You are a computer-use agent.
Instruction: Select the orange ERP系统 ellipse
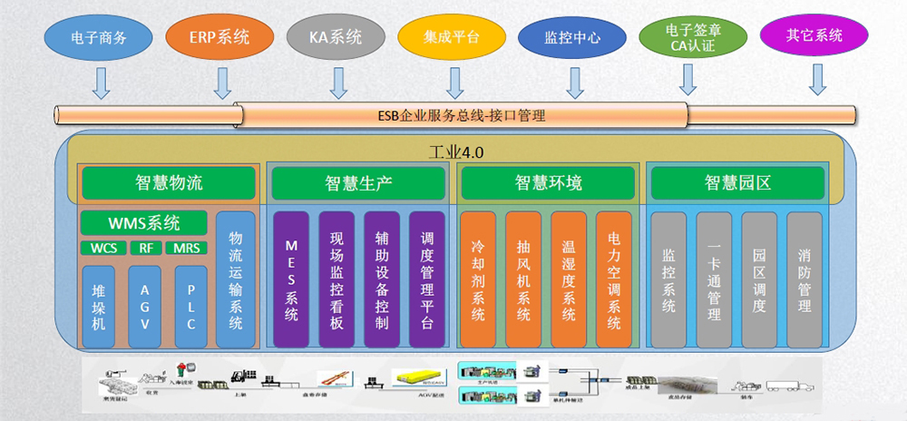[x=219, y=38]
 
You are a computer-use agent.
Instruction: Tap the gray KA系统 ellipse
[x=336, y=38]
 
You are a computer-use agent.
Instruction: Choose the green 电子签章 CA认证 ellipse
[x=693, y=38]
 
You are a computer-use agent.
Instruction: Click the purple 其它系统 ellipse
[x=814, y=36]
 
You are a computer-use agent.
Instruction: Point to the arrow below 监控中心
[x=573, y=83]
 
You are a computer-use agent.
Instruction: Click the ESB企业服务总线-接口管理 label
[x=460, y=115]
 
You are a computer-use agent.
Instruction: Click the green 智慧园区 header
[x=736, y=183]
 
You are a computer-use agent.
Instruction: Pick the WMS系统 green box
[x=143, y=222]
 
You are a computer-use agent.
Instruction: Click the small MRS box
[x=187, y=248]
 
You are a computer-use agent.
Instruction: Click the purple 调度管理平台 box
[x=426, y=279]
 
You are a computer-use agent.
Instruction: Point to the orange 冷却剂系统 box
[x=478, y=279]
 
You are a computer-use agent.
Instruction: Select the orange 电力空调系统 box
[x=613, y=279]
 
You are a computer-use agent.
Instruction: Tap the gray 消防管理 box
[x=804, y=279]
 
